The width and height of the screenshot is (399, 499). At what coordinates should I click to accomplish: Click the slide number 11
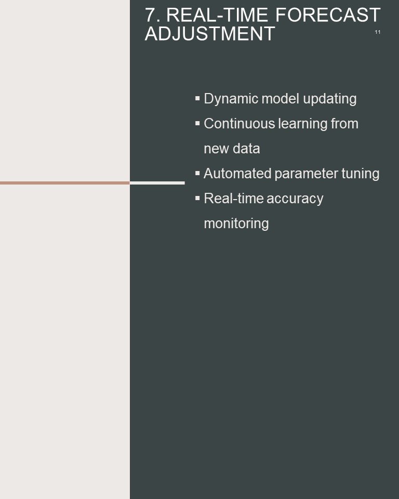pos(377,32)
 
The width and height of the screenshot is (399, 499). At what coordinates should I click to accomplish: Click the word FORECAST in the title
pos(328,15)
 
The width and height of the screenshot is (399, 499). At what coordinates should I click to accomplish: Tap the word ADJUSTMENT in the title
pos(210,34)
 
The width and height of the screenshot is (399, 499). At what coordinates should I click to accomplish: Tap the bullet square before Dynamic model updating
pos(197,98)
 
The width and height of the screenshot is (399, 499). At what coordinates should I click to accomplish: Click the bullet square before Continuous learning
pos(197,123)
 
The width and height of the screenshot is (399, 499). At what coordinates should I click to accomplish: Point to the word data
pos(246,149)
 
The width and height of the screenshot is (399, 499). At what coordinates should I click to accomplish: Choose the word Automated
pos(237,174)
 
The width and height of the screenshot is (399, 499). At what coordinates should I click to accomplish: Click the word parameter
pos(306,174)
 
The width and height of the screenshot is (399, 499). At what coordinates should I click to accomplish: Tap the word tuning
pos(360,174)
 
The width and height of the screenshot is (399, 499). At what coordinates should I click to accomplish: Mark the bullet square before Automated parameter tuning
pos(197,173)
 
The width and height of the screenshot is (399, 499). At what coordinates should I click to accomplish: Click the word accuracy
pos(295,199)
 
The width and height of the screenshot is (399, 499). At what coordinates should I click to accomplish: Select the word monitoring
pos(236,224)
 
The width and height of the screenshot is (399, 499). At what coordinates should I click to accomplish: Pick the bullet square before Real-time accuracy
pos(197,198)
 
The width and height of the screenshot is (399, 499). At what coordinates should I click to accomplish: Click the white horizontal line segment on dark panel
pos(157,183)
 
